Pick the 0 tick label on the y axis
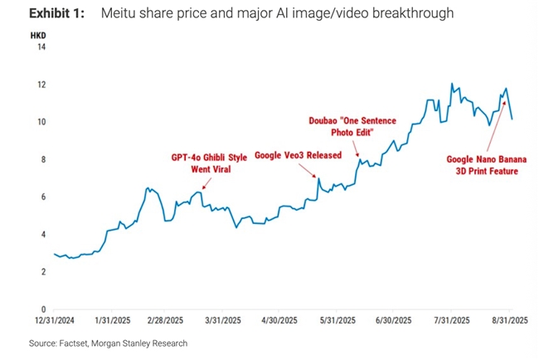(42, 309)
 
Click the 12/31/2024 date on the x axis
(53, 319)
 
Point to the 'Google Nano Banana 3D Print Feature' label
(482, 164)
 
